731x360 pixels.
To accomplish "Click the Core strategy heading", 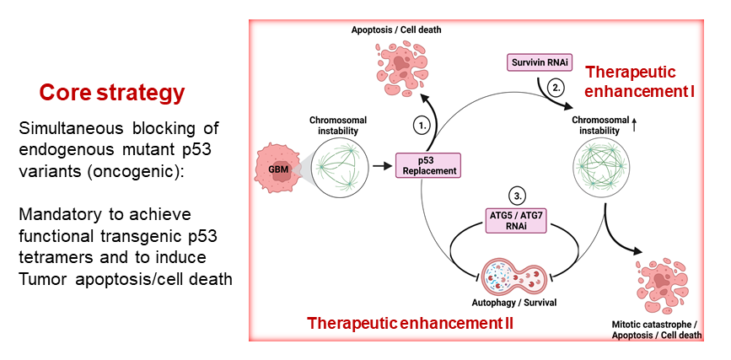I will pos(112,92).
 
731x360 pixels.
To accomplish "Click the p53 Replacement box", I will pos(427,165).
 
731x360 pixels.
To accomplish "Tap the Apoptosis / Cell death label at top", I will pos(396,30).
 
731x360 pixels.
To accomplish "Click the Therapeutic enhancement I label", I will pos(640,81).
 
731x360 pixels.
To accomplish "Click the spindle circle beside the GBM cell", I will pos(339,167).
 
